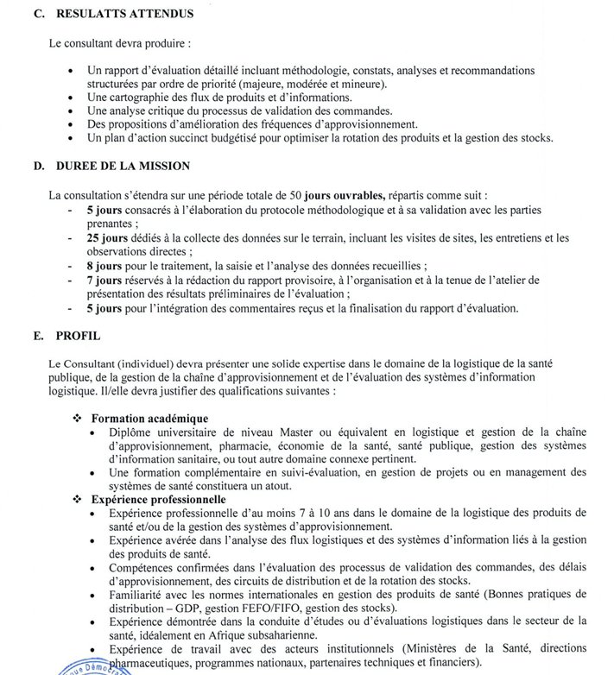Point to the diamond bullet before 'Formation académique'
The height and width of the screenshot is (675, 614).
(82, 418)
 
